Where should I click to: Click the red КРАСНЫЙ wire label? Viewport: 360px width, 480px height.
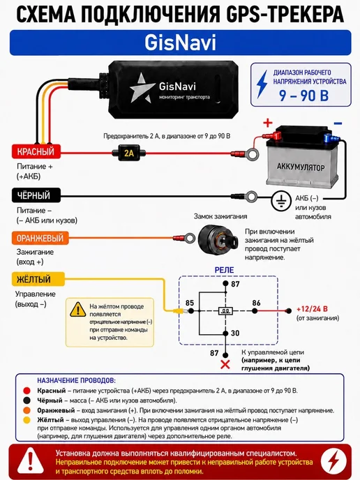click(36, 151)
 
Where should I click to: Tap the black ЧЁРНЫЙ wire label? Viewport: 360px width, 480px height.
click(36, 195)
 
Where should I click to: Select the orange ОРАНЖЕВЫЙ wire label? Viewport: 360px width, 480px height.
click(40, 238)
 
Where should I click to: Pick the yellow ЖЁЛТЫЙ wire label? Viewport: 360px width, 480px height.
click(38, 279)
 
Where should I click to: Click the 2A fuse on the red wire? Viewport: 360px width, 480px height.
click(129, 153)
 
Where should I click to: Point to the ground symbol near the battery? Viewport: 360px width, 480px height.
click(281, 201)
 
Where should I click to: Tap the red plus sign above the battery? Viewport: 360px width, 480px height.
click(268, 123)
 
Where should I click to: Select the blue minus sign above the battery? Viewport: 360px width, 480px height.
click(338, 123)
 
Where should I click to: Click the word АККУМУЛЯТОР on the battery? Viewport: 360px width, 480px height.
click(300, 167)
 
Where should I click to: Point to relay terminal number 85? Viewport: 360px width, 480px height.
click(190, 303)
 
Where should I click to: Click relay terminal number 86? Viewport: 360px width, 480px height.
click(256, 303)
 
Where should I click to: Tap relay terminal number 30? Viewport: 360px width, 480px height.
click(235, 333)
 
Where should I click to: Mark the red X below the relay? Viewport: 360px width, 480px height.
click(225, 364)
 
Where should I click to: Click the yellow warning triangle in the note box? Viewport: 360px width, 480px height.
click(77, 310)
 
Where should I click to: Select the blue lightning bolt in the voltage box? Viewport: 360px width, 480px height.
click(262, 84)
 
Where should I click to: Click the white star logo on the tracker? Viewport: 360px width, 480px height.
click(140, 88)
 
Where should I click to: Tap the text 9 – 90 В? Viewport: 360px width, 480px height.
click(303, 96)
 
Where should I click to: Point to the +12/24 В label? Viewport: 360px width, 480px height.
click(312, 309)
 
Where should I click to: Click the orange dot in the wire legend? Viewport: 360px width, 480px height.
click(27, 410)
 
